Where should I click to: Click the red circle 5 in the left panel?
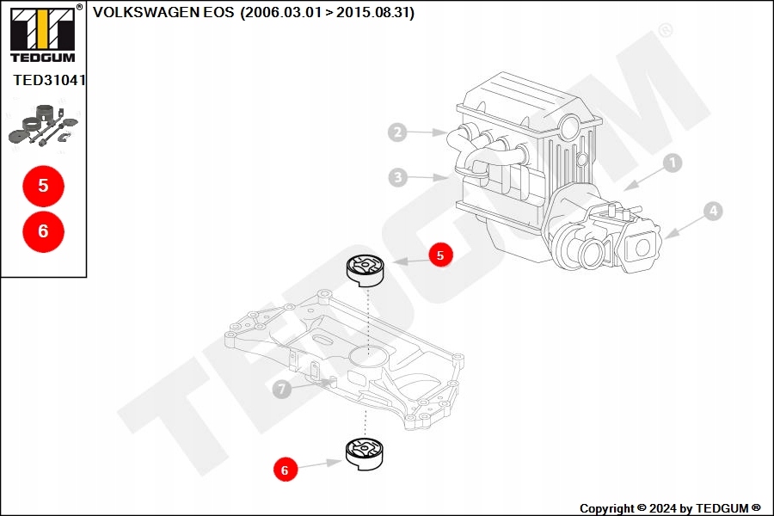pyautogui.click(x=43, y=185)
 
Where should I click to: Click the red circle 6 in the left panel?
pyautogui.click(x=43, y=230)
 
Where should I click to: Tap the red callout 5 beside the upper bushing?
pyautogui.click(x=440, y=255)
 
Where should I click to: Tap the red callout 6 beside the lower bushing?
pyautogui.click(x=285, y=470)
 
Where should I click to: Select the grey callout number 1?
pyautogui.click(x=673, y=162)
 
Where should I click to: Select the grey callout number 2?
pyautogui.click(x=396, y=132)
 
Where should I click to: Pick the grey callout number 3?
pyautogui.click(x=396, y=178)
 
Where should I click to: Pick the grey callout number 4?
pyautogui.click(x=712, y=210)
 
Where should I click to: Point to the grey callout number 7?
pyautogui.click(x=281, y=390)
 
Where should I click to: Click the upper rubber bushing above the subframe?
pyautogui.click(x=365, y=270)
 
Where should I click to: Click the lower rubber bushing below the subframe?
pyautogui.click(x=364, y=453)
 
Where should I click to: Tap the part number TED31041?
pyautogui.click(x=49, y=80)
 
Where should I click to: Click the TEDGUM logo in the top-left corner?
pyautogui.click(x=42, y=34)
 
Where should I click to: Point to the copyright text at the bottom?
pyautogui.click(x=670, y=508)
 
